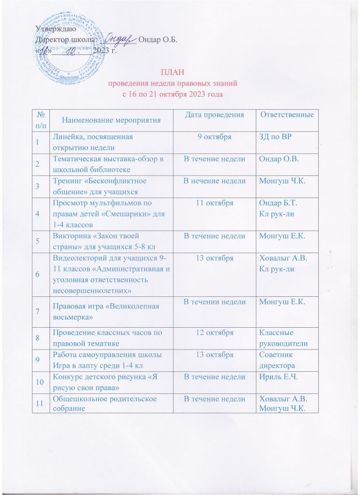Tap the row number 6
click(37, 274)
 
